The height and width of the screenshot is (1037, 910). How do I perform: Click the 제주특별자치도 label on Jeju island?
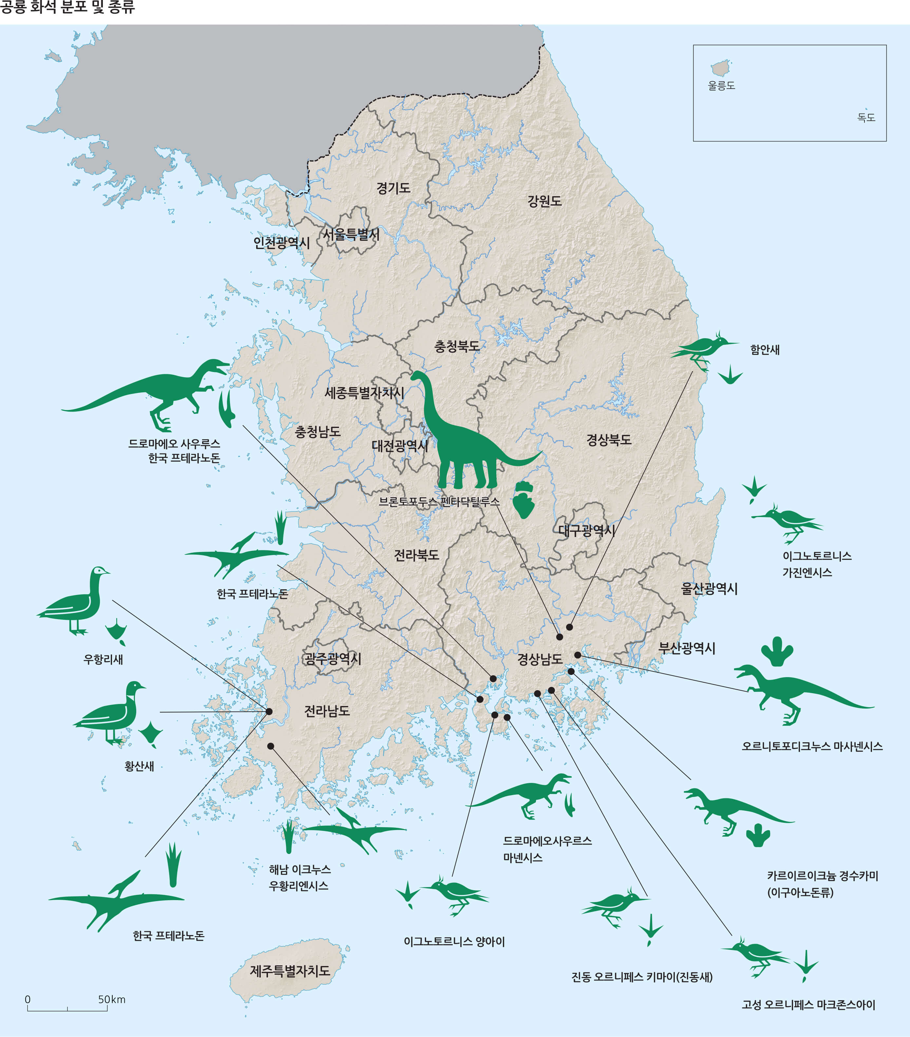coord(290,971)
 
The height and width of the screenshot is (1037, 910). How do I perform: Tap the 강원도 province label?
coord(544,201)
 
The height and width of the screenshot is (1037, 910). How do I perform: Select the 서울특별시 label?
coord(351,234)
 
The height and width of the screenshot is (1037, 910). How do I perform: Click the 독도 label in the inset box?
coord(866,117)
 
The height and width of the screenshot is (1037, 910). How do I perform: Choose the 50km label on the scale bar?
coord(112,999)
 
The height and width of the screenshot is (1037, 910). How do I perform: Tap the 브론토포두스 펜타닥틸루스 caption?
coord(439,502)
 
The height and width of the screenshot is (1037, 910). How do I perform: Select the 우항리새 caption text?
coord(103,659)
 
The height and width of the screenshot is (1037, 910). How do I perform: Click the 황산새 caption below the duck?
coord(139,766)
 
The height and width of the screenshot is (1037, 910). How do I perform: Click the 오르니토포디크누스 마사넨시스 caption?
coord(812,746)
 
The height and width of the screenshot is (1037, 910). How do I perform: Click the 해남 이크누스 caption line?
coord(300,869)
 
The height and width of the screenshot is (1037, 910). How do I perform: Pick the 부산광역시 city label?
coord(687,648)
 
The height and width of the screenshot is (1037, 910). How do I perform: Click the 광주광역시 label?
coord(332,658)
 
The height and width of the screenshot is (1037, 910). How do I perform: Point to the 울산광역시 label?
coord(709,588)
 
